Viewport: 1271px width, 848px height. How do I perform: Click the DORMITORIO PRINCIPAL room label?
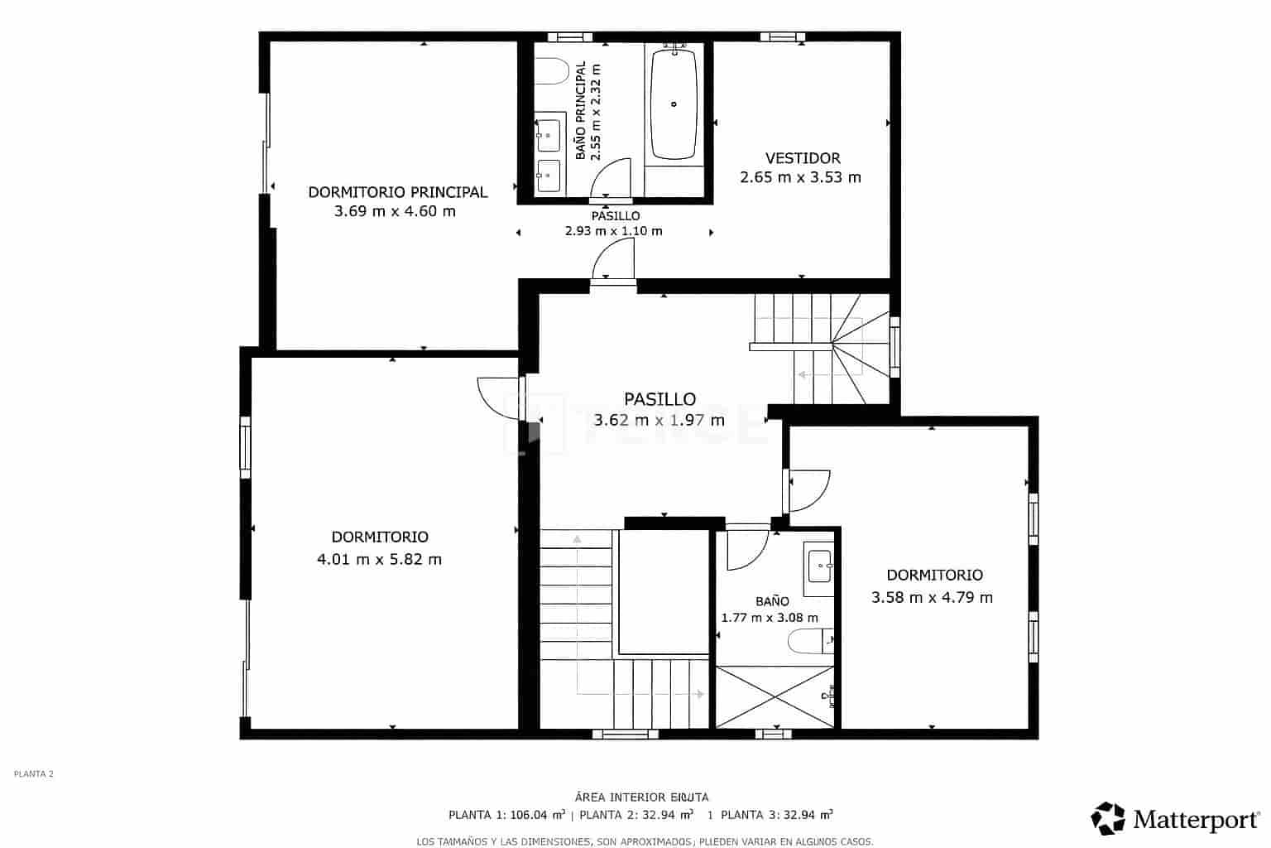click(397, 192)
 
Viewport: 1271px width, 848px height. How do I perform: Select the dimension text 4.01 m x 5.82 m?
click(379, 559)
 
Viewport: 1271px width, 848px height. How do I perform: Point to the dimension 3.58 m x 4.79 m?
click(932, 597)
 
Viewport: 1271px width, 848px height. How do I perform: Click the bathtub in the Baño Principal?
click(674, 104)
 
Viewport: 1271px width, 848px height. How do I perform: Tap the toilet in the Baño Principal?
click(550, 72)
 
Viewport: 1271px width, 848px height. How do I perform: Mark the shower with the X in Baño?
click(775, 697)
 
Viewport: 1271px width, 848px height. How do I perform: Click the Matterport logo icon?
click(1108, 818)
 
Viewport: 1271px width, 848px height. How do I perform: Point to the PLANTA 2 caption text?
click(34, 774)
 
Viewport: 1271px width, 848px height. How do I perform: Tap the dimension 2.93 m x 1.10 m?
click(613, 231)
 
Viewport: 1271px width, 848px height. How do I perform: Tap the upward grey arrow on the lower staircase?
click(577, 540)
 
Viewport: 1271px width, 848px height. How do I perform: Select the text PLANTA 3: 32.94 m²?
click(776, 815)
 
